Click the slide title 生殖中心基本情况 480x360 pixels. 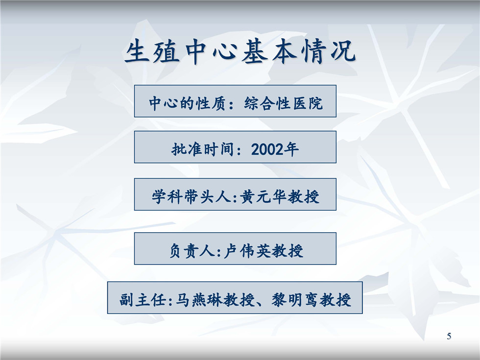(240, 51)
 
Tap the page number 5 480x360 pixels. (449, 336)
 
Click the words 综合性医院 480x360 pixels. (283, 103)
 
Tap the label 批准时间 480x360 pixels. (202, 150)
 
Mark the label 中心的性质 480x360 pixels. (187, 103)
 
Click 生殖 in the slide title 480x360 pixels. (152, 51)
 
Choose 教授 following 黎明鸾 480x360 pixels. (335, 300)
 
